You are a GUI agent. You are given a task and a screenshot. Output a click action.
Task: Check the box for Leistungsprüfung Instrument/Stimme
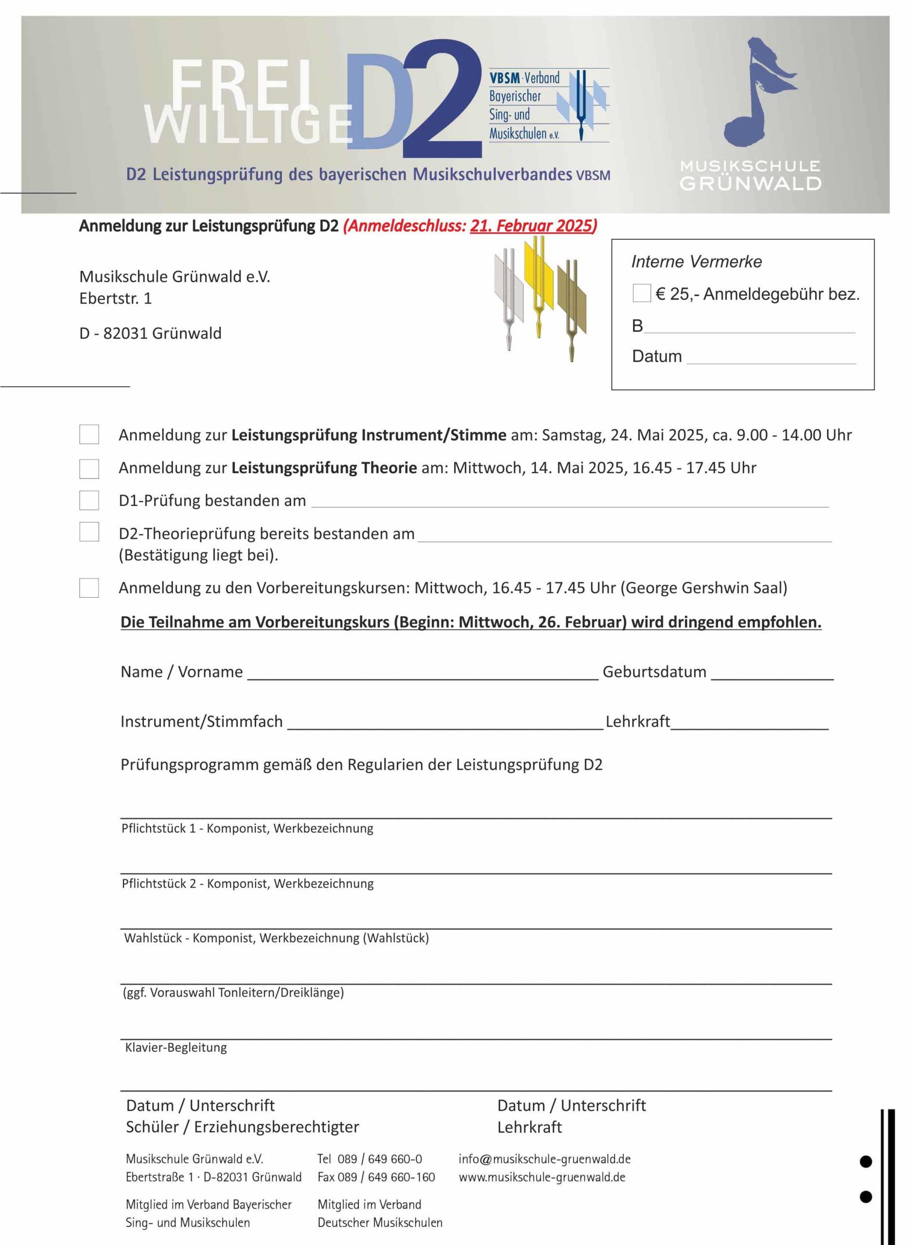point(89,434)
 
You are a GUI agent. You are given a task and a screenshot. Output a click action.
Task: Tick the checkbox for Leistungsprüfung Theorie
point(89,468)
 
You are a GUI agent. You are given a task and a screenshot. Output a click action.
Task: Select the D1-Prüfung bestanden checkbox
point(89,500)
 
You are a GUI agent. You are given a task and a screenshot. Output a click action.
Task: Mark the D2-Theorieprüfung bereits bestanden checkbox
point(89,532)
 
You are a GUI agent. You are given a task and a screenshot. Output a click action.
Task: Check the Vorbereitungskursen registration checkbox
point(89,587)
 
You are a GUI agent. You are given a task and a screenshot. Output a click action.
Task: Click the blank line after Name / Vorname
point(422,673)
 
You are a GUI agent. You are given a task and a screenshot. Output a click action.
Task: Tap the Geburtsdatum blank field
point(772,673)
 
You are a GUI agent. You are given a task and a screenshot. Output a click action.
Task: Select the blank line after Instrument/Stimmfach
point(445,722)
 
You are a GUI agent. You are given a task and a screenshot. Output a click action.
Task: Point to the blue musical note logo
point(757,94)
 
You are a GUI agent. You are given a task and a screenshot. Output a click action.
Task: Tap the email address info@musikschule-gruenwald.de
point(544,1159)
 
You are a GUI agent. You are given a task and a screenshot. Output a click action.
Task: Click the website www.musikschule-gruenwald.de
point(542,1177)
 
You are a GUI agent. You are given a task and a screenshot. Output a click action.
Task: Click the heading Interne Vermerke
point(696,262)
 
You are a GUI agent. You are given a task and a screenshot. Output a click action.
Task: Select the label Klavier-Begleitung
point(175,1048)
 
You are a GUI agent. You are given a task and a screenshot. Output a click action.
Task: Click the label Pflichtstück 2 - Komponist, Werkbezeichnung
point(247,883)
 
